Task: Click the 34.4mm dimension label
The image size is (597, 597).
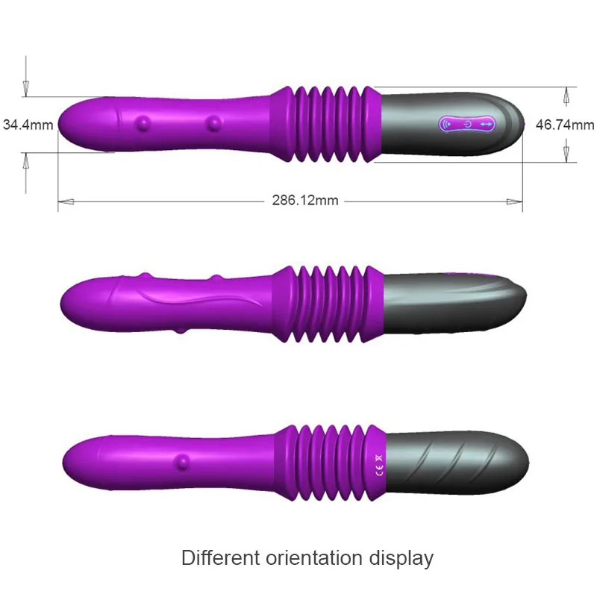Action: click(28, 125)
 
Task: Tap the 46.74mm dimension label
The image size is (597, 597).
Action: click(565, 125)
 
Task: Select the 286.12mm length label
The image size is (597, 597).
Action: click(305, 200)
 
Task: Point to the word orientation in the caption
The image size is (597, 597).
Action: click(313, 557)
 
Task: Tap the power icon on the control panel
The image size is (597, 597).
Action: click(468, 124)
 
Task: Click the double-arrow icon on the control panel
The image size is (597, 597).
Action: click(487, 124)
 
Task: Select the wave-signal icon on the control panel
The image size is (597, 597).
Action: click(448, 124)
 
